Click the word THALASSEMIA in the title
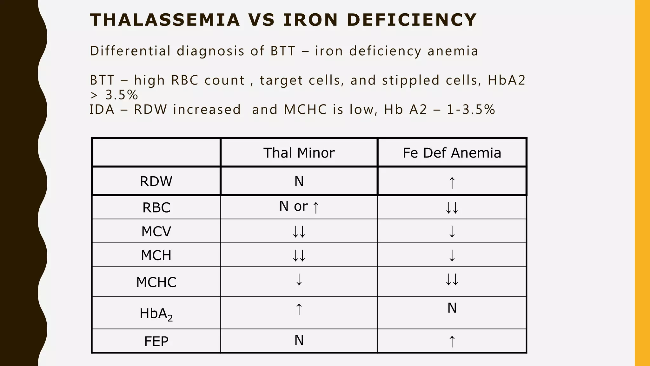(x=165, y=20)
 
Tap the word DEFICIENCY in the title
(x=412, y=20)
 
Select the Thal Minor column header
(x=299, y=153)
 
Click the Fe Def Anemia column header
(x=452, y=153)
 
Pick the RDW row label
(x=156, y=181)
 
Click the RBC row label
(x=156, y=207)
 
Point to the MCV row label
(x=156, y=231)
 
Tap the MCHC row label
(x=156, y=282)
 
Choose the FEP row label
(x=156, y=342)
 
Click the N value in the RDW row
(x=299, y=181)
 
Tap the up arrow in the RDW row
(x=452, y=183)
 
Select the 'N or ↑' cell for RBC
(x=299, y=207)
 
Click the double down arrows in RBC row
(x=452, y=208)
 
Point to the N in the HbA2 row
(x=452, y=308)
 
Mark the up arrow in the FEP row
(x=452, y=342)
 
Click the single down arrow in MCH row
(x=452, y=255)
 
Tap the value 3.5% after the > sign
(x=121, y=95)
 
